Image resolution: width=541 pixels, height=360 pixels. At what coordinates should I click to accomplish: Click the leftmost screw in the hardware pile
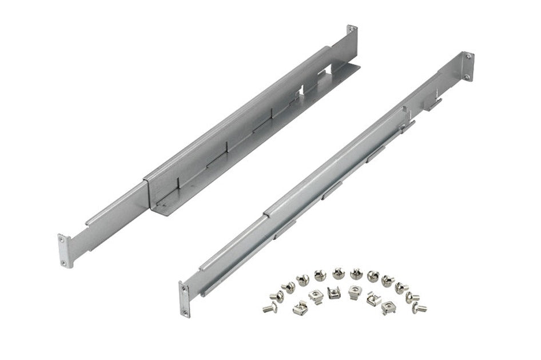click(x=267, y=309)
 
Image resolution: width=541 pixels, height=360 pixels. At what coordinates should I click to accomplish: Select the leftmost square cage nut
click(x=299, y=307)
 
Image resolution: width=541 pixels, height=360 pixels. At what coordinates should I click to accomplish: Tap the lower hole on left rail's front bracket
click(x=63, y=262)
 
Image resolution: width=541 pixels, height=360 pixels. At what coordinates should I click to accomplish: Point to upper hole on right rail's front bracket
click(x=184, y=290)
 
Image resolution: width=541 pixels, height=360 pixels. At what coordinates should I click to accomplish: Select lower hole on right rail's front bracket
click(x=185, y=311)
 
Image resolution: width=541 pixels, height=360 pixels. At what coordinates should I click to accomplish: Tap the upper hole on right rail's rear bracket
click(x=468, y=56)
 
